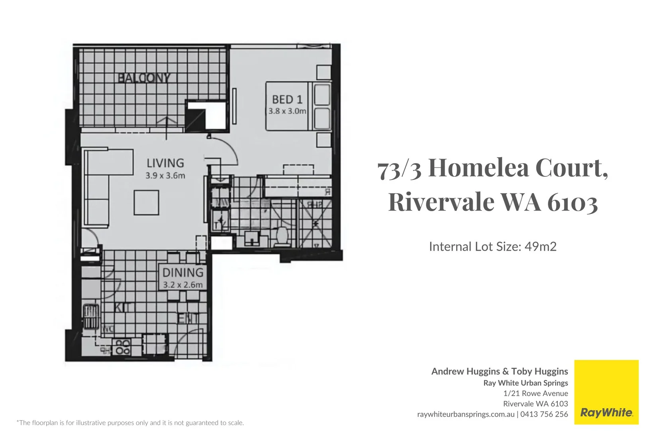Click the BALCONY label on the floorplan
click(144, 78)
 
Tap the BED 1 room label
click(287, 99)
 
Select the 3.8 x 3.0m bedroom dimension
click(287, 111)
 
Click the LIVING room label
click(165, 163)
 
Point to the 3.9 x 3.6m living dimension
click(165, 176)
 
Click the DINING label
click(183, 273)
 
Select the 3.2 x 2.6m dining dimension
click(183, 285)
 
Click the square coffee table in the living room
click(146, 203)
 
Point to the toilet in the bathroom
click(282, 236)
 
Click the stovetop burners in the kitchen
click(122, 347)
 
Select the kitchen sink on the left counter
click(91, 316)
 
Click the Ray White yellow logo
click(606, 392)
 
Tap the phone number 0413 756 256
click(544, 414)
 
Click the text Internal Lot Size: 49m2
click(492, 247)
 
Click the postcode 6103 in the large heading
click(572, 202)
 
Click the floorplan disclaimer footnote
click(130, 423)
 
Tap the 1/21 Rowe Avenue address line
click(535, 393)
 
